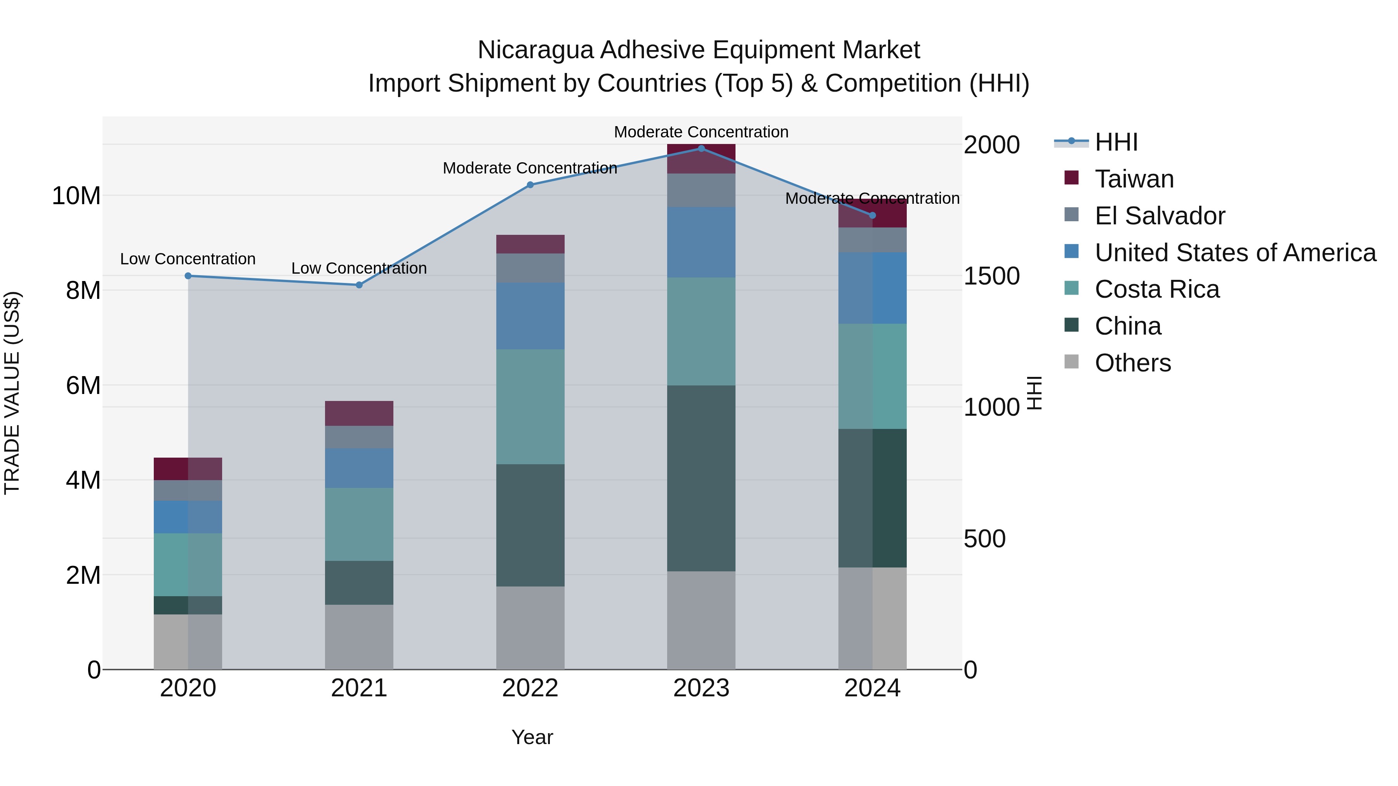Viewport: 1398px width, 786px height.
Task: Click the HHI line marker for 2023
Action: pyautogui.click(x=701, y=148)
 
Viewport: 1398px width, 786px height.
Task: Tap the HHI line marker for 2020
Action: pyautogui.click(x=188, y=276)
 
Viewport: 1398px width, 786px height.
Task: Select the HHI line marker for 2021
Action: pyautogui.click(x=359, y=285)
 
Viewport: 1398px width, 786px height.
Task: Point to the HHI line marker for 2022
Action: pyautogui.click(x=530, y=184)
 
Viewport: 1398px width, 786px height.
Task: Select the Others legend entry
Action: pyautogui.click(x=1133, y=363)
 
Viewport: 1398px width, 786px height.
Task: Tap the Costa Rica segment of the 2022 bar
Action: pyautogui.click(x=530, y=406)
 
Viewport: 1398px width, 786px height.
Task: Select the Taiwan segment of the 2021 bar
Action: pyautogui.click(x=359, y=413)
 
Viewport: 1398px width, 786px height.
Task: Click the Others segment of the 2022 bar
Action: pyautogui.click(x=530, y=628)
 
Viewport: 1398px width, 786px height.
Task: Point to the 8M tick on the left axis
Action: pyautogui.click(x=83, y=290)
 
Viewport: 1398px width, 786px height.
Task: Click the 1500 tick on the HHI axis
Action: pyautogui.click(x=991, y=276)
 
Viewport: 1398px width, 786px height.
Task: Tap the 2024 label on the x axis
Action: pyautogui.click(x=872, y=688)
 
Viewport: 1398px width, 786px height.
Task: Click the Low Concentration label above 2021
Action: pyautogui.click(x=359, y=268)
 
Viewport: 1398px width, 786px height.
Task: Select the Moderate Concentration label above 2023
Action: pyautogui.click(x=701, y=132)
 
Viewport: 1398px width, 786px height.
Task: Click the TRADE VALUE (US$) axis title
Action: pyautogui.click(x=12, y=393)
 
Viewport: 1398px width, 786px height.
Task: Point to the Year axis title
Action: pyautogui.click(x=532, y=737)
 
